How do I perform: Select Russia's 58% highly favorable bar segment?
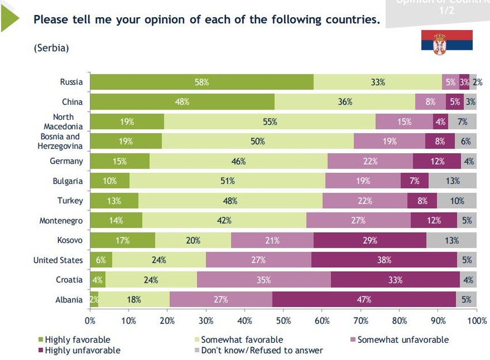tap(202, 82)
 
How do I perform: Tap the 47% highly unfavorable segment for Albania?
tap(364, 300)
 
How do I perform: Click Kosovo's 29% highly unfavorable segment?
tap(370, 240)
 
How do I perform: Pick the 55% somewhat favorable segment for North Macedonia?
tap(270, 122)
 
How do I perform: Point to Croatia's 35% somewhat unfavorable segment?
tap(264, 280)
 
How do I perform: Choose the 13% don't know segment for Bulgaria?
tap(453, 181)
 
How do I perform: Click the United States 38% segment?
tap(385, 260)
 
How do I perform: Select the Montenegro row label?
tap(61, 221)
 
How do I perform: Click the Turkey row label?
tap(70, 201)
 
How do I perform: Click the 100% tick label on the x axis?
tap(477, 320)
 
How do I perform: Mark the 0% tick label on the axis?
tap(90, 320)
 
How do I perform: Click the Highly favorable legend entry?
tap(77, 340)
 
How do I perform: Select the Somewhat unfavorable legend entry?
tap(402, 340)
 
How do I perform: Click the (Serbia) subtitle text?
tap(51, 48)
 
